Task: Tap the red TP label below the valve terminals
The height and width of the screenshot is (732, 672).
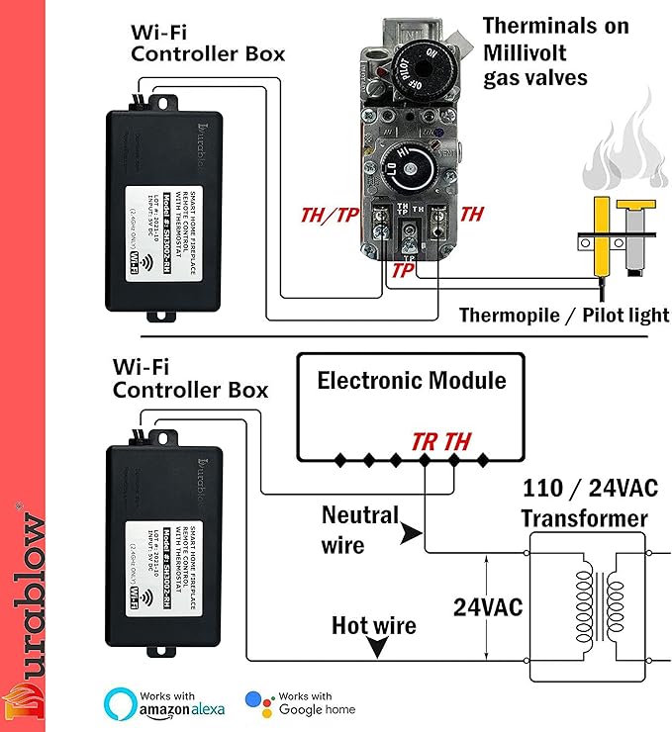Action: [x=404, y=269]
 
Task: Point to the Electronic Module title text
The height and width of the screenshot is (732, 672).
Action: [x=411, y=381]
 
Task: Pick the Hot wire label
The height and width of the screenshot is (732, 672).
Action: [x=373, y=625]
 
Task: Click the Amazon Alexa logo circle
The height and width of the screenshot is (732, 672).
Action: [x=121, y=703]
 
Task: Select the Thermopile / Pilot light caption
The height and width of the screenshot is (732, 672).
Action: [x=564, y=316]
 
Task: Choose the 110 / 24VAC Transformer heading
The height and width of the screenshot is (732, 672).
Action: [x=584, y=503]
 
